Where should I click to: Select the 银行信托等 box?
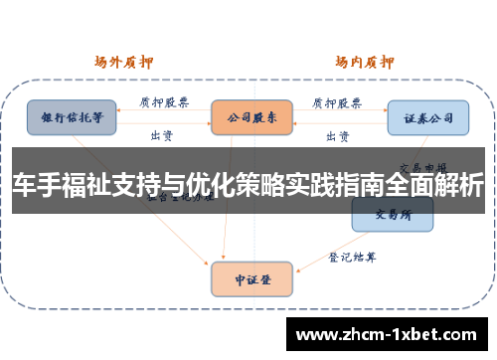71,116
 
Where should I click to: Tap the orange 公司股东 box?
251,116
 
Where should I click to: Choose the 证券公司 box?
427,117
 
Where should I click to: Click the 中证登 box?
251,279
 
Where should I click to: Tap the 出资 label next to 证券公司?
338,134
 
